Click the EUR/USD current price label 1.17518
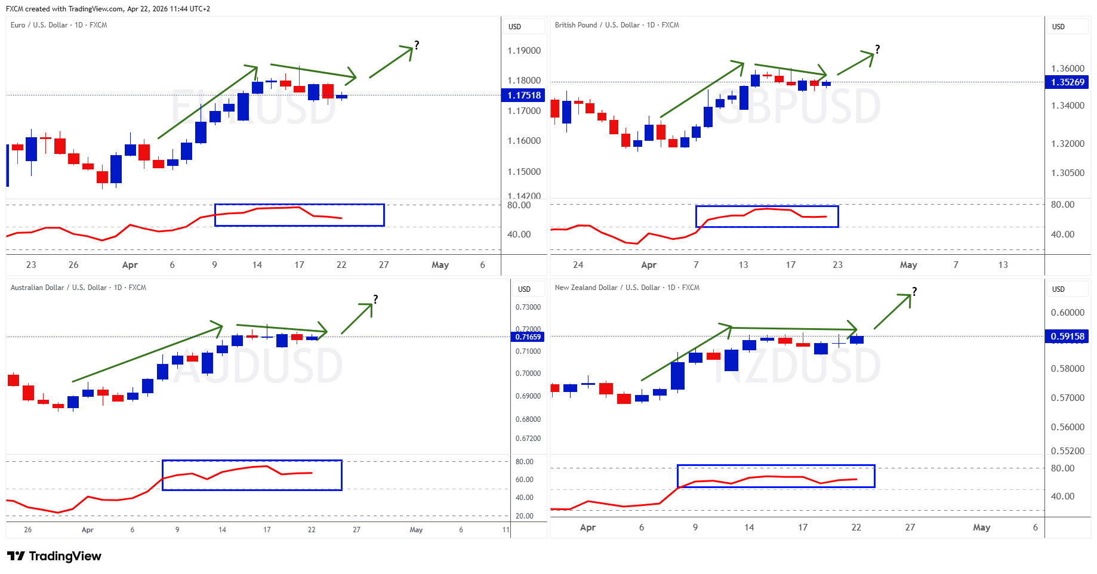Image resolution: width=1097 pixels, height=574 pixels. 523,95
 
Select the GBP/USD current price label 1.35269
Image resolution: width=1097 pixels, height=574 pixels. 1067,82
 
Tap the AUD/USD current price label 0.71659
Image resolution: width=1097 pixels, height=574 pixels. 528,337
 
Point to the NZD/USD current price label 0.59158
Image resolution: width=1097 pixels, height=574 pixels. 1067,337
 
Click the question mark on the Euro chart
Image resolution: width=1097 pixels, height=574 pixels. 417,45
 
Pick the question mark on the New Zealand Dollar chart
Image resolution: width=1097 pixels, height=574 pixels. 914,291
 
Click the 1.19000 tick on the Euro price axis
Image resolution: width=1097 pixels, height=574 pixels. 524,51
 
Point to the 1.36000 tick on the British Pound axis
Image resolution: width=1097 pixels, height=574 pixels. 1068,69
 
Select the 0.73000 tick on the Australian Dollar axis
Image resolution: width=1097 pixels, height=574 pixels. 528,307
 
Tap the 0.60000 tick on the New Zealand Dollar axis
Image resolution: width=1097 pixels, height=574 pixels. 1068,313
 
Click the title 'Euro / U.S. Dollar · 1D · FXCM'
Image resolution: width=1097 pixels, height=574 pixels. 58,25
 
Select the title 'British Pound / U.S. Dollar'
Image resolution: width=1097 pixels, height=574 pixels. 617,25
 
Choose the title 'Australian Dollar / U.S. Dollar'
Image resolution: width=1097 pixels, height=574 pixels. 78,288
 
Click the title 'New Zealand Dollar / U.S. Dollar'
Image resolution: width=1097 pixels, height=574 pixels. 627,288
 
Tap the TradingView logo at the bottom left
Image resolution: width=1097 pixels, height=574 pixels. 54,556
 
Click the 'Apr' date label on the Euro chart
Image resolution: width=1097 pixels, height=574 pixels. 130,265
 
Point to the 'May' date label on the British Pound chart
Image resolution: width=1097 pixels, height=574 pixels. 908,265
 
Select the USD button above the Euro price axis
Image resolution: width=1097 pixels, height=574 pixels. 515,27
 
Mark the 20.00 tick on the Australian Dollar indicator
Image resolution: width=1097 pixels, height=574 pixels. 525,516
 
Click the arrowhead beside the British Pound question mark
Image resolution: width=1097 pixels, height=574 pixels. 871,55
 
